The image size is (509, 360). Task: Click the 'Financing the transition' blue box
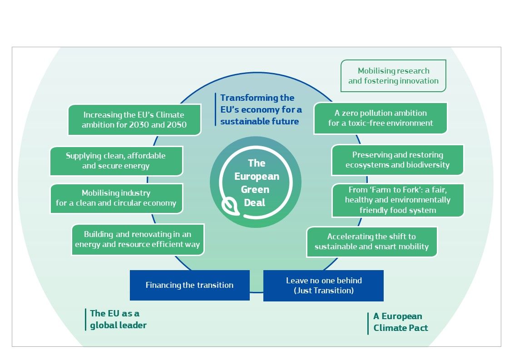189,285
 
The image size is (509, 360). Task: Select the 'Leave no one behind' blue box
323,286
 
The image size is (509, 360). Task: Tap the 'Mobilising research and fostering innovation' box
393,76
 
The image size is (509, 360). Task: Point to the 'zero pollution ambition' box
380,118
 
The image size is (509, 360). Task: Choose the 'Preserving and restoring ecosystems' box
397,160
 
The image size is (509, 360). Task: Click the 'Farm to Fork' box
397,200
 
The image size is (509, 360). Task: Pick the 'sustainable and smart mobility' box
371,242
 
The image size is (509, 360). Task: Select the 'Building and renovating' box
138,239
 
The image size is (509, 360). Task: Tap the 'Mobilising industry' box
116,198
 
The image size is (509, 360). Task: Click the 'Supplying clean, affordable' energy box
116,161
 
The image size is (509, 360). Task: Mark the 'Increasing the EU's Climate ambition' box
134,120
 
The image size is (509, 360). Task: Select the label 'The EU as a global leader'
118,319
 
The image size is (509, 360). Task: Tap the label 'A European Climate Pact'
400,322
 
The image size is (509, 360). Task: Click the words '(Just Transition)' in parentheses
323,290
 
